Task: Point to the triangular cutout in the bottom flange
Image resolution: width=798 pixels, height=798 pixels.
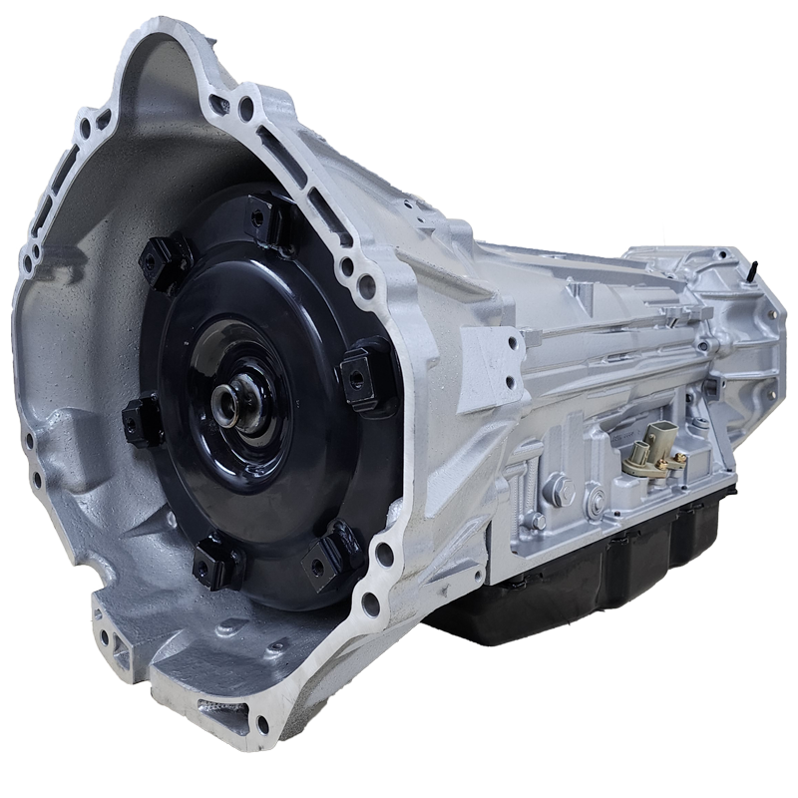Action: [x=120, y=648]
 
